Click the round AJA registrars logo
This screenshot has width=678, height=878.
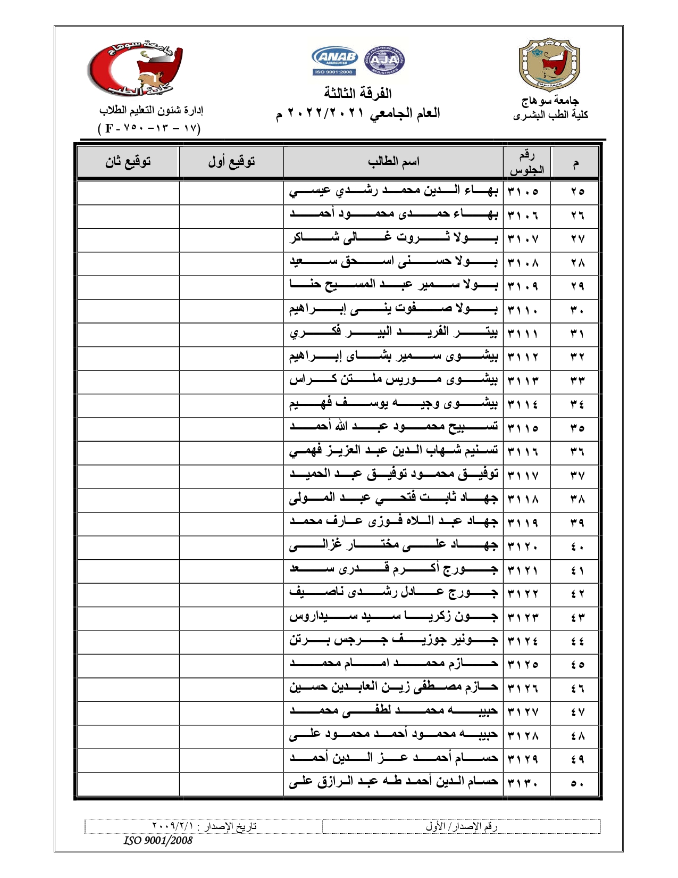coord(384,60)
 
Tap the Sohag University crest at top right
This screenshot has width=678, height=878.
coord(549,65)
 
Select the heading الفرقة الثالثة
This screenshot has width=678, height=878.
coord(358,94)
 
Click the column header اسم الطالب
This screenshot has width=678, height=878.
coord(394,161)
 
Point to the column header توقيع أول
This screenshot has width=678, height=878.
coord(231,161)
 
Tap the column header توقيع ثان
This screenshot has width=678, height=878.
coord(128,161)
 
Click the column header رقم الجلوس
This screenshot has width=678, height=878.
coord(526,162)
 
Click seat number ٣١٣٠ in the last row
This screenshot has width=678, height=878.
coord(523,783)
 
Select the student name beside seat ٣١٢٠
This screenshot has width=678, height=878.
coord(394,545)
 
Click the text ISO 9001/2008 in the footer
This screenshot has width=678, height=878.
coord(158,840)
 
